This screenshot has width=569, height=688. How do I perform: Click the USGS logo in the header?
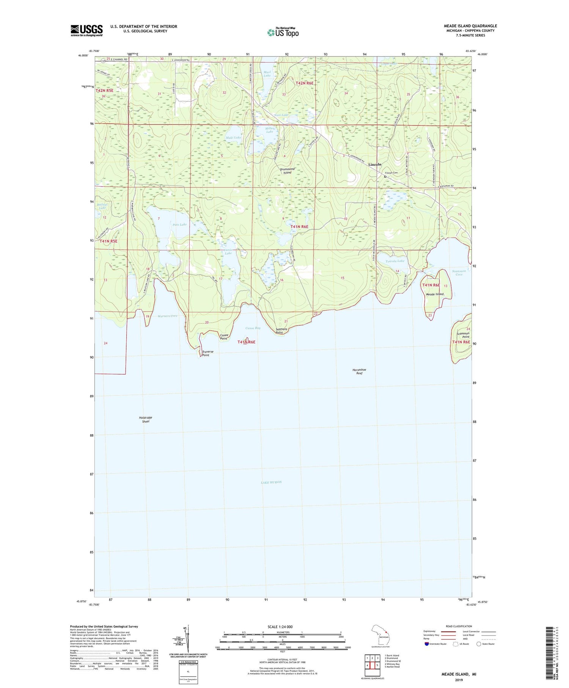pos(86,30)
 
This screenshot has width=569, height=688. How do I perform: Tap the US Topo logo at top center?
pos(283,32)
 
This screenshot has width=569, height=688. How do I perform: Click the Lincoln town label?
pos(375,164)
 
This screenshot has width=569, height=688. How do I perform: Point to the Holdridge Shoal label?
pos(146,419)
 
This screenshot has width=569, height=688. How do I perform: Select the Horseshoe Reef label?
pos(359,371)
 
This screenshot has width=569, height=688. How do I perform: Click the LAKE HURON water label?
pos(271,482)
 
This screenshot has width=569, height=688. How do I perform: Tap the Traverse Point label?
pos(205,354)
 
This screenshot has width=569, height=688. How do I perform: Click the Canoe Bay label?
pos(253,328)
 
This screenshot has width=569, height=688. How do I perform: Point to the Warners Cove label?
pos(167,316)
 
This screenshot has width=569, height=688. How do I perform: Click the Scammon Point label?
pos(463,335)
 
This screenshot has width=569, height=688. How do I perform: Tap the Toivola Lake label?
pos(395,261)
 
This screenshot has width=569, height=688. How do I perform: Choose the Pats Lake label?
pos(179,225)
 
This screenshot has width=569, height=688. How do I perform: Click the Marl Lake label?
pos(267,74)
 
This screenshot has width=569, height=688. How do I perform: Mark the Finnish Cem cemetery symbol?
pos(385,177)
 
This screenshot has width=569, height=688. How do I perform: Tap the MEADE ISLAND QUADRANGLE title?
pos(470,26)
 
